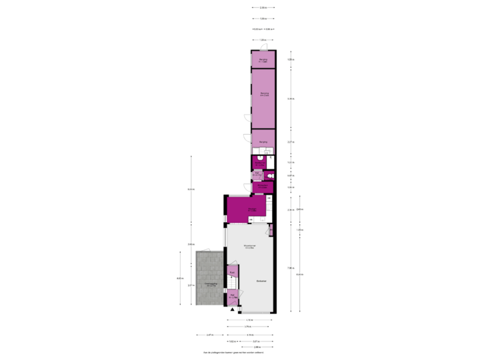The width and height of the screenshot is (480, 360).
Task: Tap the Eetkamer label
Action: coord(261,282)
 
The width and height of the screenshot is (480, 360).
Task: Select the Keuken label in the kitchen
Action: coord(252,210)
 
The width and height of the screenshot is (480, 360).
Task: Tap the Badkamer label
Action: coord(258,163)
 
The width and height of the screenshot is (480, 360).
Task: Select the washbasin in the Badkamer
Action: coord(261,157)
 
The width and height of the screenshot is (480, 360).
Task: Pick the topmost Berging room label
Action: coord(263,60)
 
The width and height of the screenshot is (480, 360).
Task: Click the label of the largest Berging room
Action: coord(264,94)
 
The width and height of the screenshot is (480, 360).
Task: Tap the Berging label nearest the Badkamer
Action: coord(263,142)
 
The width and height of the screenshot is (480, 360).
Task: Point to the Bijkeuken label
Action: coord(263,186)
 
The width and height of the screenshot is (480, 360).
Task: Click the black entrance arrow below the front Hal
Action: coord(232,309)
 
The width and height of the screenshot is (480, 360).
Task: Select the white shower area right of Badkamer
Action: coord(270,162)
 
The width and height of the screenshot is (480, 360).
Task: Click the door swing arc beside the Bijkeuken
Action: coord(246,189)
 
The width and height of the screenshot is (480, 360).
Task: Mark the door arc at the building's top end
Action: coord(263,46)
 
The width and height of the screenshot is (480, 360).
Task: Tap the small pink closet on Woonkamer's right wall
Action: coord(271,231)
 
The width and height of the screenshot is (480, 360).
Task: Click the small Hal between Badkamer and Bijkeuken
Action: coord(257,175)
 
